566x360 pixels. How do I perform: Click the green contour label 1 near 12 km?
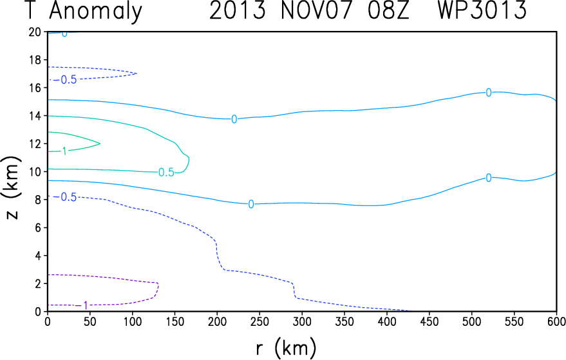(x=64, y=151)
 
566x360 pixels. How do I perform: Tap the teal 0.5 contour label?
(x=166, y=172)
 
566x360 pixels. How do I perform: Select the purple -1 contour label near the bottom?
(x=83, y=305)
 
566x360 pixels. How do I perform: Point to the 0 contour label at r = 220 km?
(x=234, y=119)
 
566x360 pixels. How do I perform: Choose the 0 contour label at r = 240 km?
(x=251, y=204)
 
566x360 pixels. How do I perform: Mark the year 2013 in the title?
(x=237, y=11)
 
